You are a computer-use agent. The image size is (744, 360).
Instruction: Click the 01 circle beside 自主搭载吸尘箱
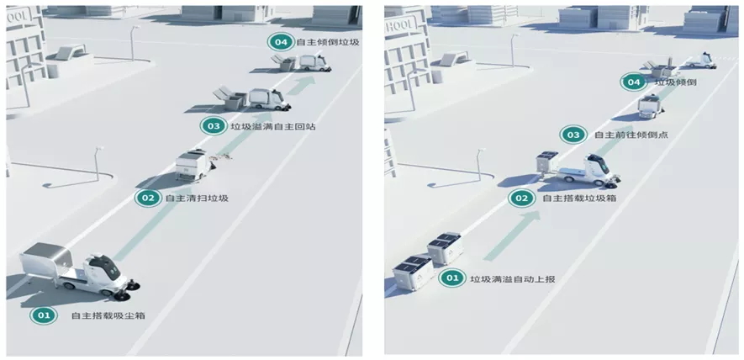point(42,315)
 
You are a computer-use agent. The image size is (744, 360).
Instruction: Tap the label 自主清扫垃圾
point(197,199)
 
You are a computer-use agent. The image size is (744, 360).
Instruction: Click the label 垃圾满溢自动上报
point(506,278)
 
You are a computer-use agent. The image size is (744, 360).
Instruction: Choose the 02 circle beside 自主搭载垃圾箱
point(521,199)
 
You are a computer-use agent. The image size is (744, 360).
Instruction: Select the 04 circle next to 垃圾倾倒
point(633,82)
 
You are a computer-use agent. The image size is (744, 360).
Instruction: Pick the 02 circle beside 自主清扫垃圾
point(147,199)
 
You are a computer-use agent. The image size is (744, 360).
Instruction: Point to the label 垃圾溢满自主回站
point(268,126)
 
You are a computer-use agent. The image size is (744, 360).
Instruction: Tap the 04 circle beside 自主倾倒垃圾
point(279,40)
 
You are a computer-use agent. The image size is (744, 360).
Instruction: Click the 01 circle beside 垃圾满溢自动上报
point(452,278)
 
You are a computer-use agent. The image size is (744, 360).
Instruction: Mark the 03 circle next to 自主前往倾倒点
point(573,135)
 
